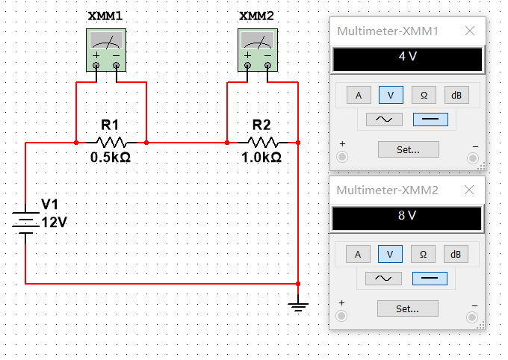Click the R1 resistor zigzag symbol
(111, 142)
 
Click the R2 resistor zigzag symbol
(263, 142)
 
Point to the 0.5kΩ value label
(111, 158)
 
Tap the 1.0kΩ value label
(261, 158)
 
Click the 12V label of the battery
(54, 223)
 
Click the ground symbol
(298, 303)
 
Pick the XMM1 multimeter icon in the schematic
(106, 50)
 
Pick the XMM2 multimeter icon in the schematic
(258, 50)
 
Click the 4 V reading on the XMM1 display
(408, 56)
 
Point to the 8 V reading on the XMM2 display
(407, 215)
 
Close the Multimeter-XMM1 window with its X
(470, 31)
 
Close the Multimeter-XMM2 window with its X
(469, 190)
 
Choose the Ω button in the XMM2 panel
(423, 254)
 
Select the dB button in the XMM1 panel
(456, 95)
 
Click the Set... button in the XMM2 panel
(408, 308)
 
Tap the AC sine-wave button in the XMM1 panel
(384, 120)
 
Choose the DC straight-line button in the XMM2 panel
(430, 279)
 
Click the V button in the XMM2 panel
(390, 254)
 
